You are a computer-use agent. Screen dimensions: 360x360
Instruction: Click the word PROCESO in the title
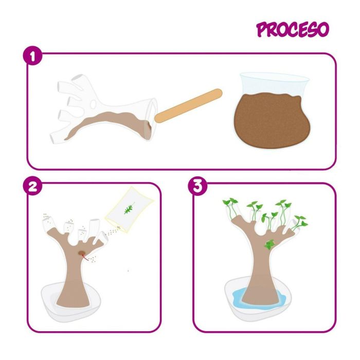(x=292, y=30)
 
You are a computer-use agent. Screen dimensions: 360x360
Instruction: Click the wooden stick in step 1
(x=188, y=105)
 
